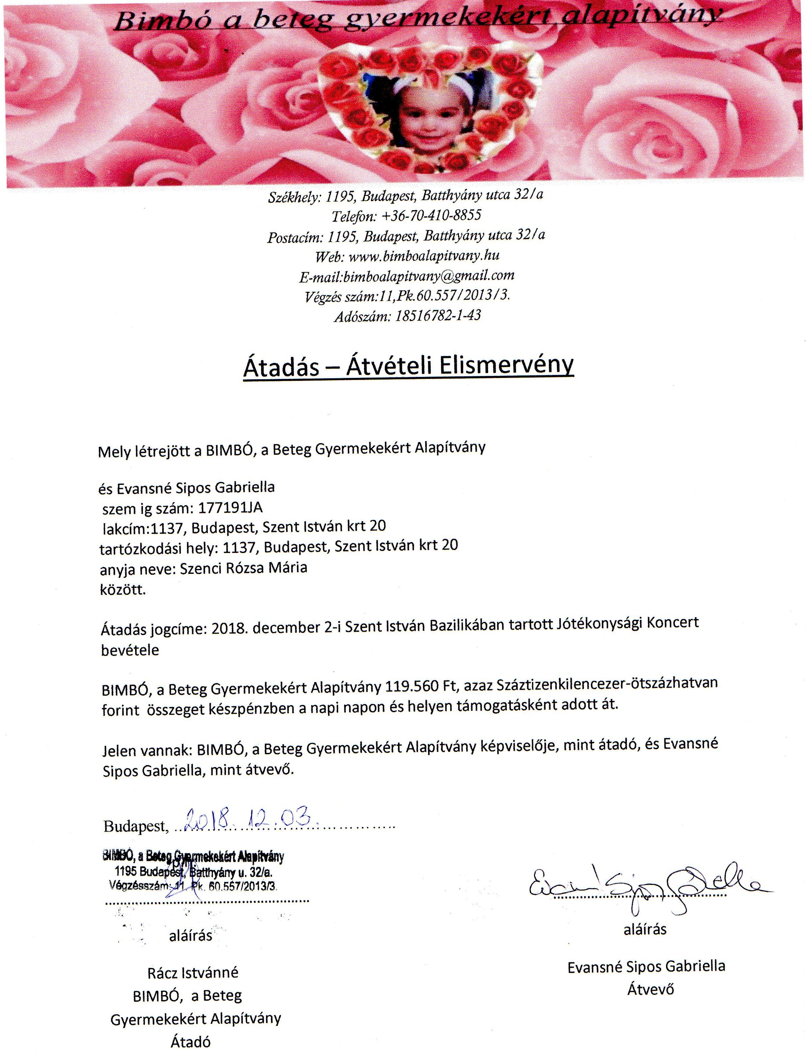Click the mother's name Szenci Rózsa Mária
[x=243, y=568]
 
